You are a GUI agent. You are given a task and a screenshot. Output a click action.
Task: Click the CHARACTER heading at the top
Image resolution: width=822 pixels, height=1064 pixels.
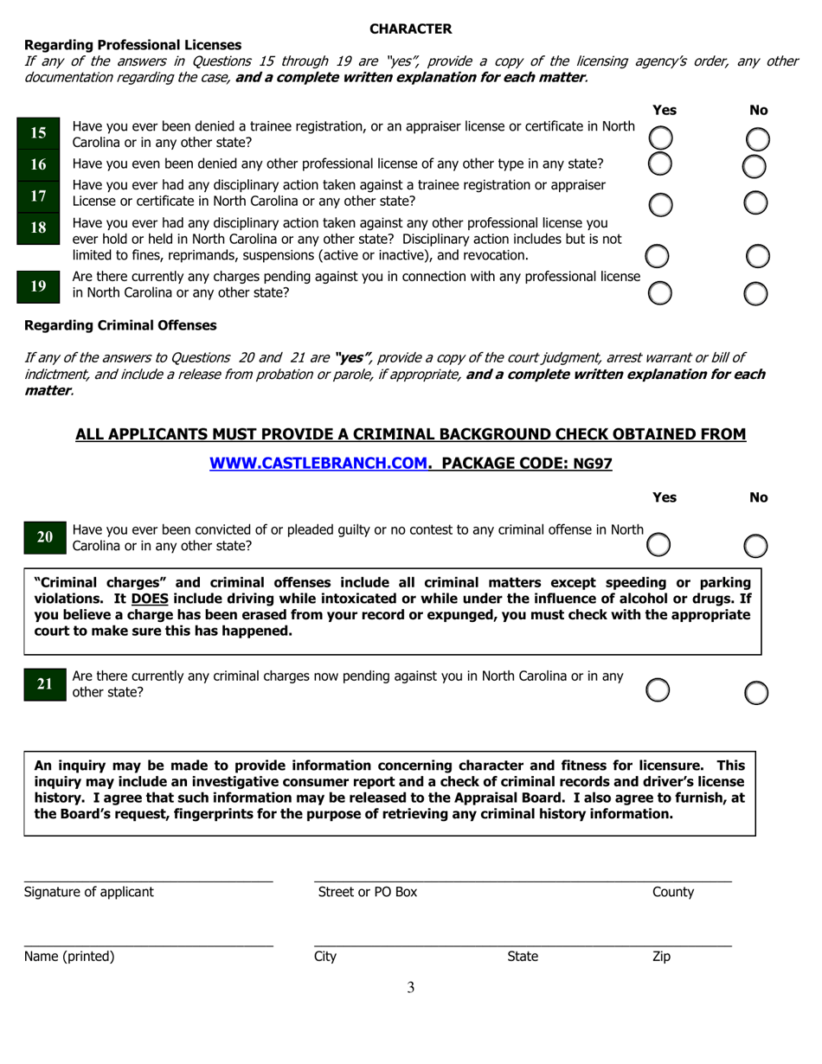click(x=410, y=29)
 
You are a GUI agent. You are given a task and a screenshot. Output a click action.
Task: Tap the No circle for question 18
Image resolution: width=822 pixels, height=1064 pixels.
click(x=757, y=256)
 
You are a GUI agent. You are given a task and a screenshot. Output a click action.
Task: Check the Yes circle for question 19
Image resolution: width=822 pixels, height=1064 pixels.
click(x=660, y=293)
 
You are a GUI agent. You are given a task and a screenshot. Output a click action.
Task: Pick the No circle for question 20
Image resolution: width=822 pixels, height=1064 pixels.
click(x=756, y=545)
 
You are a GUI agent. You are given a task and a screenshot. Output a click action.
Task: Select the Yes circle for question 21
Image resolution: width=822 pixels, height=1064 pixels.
click(x=659, y=690)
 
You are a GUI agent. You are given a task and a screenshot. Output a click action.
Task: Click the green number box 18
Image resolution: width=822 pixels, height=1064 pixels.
click(x=39, y=228)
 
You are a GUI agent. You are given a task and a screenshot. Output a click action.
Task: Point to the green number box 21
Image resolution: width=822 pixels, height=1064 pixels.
click(x=44, y=683)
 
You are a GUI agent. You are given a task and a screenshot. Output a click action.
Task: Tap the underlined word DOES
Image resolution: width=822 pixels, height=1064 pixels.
click(x=150, y=598)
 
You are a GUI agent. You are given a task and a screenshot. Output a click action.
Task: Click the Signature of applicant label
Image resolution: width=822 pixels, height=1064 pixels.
click(x=89, y=892)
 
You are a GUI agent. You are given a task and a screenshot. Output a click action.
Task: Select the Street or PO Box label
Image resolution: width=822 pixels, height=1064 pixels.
click(x=368, y=892)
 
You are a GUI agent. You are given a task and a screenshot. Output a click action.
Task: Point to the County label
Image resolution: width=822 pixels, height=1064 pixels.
click(x=672, y=892)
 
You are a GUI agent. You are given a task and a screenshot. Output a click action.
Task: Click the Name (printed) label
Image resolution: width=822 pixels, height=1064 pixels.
click(x=69, y=956)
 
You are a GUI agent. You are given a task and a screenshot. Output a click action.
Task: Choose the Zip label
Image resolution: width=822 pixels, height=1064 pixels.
click(x=661, y=956)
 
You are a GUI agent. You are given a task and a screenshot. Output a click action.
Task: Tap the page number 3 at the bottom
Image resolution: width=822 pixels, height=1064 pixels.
click(x=410, y=988)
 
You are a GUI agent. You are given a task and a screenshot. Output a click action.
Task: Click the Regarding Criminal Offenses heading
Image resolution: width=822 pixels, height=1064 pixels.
click(x=120, y=325)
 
